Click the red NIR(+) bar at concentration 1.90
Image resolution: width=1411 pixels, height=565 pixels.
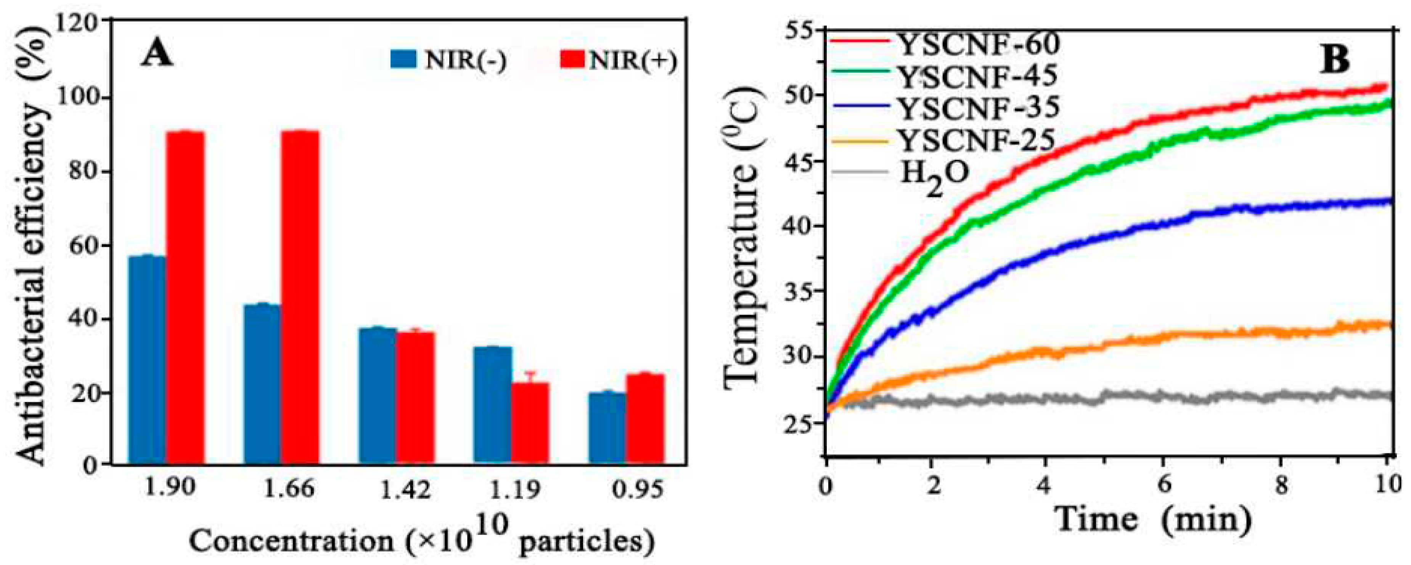pyautogui.click(x=185, y=298)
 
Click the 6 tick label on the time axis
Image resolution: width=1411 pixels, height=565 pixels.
pyautogui.click(x=1163, y=486)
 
